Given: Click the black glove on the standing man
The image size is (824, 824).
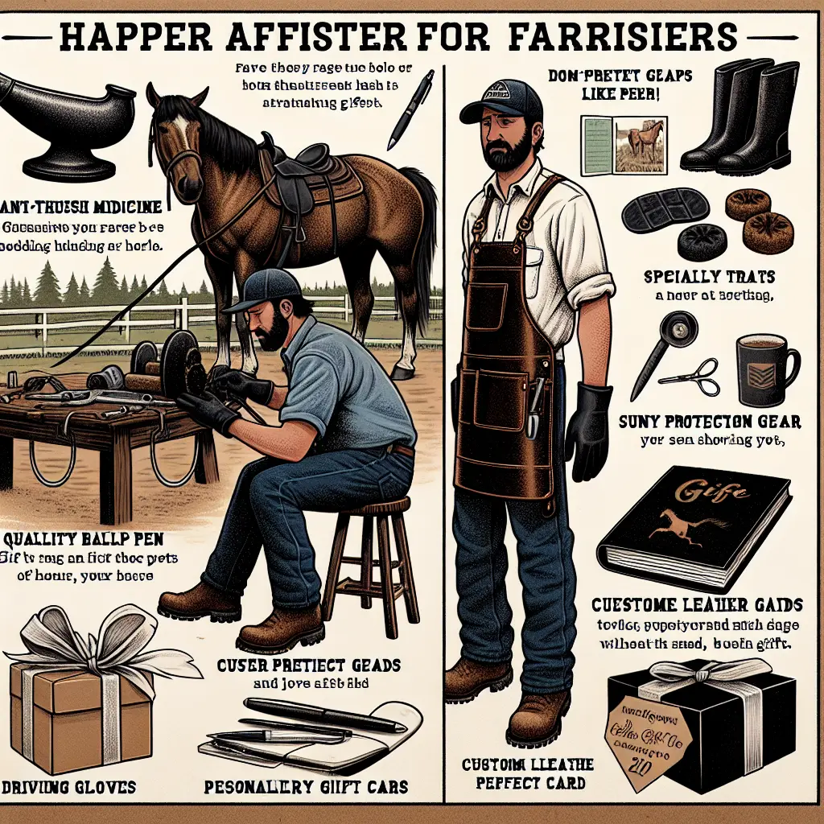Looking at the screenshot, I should click(589, 431).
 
